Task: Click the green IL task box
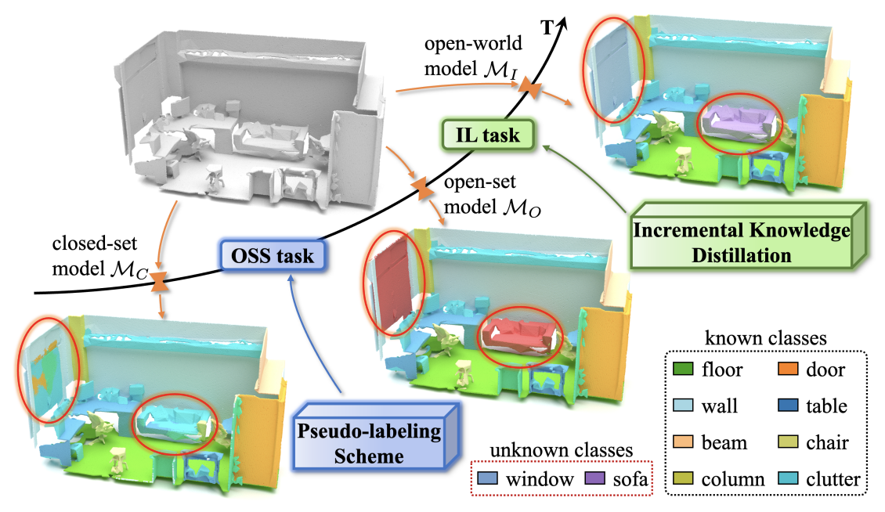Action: (x=489, y=134)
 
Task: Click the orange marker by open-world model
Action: (x=530, y=91)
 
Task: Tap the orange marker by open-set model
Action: (x=421, y=188)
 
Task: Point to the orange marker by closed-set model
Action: (x=161, y=282)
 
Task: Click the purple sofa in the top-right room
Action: (x=739, y=122)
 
